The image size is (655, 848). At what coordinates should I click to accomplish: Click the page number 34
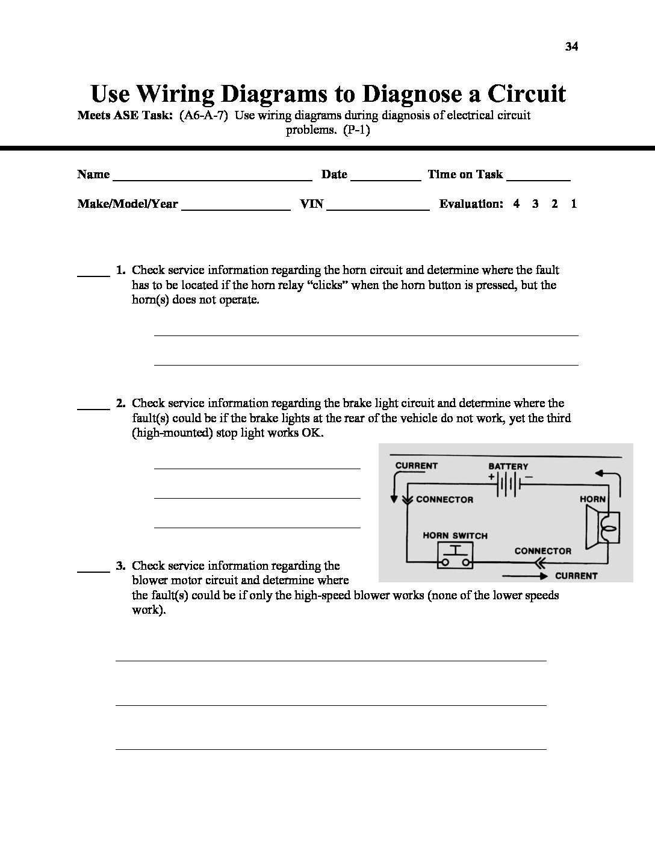click(571, 47)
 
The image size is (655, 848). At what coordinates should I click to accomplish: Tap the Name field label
click(93, 175)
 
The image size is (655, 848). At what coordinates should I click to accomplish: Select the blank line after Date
click(385, 178)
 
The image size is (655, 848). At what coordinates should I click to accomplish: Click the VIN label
click(312, 204)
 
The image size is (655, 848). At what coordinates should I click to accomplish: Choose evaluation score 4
click(517, 204)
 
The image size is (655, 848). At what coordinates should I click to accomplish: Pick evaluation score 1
click(574, 204)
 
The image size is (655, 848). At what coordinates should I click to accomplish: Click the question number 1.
click(120, 270)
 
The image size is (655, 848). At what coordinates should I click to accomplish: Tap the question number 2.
click(120, 404)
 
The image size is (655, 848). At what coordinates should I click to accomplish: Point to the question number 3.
click(120, 566)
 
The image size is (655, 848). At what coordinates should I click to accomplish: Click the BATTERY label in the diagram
click(508, 466)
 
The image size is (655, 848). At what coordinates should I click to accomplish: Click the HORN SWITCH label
click(455, 535)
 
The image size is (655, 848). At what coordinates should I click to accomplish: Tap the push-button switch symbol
click(455, 558)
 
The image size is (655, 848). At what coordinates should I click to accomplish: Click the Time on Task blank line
click(538, 178)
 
